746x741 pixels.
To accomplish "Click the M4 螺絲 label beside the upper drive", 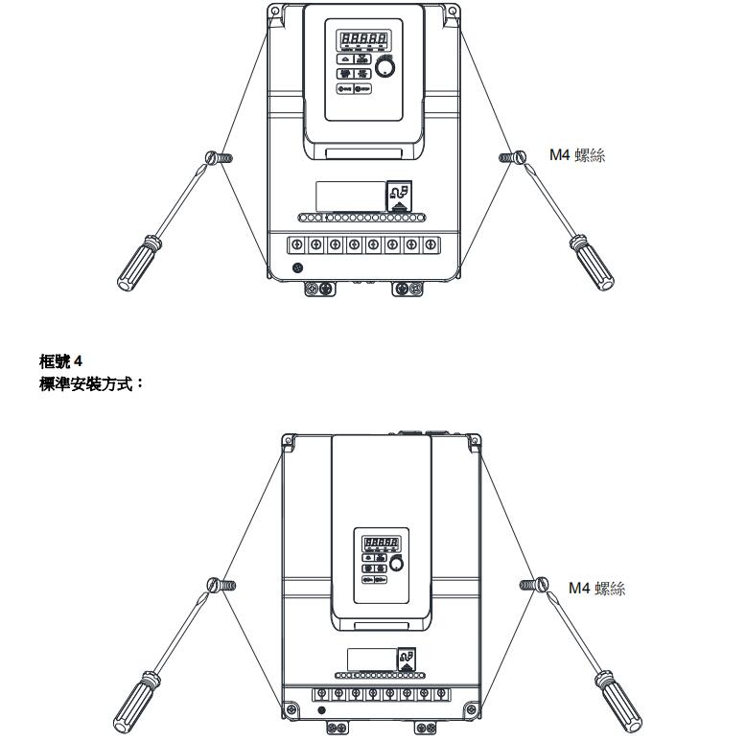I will (576, 154).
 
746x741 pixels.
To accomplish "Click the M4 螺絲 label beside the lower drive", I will (596, 588).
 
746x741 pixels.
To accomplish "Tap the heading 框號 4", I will (61, 361).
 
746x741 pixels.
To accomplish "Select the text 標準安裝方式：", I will (91, 382).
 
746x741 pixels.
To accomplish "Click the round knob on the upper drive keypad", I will (385, 66).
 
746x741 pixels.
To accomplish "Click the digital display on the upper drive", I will (362, 40).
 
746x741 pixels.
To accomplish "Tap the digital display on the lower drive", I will (380, 544).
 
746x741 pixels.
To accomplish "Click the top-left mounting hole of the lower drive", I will (287, 441).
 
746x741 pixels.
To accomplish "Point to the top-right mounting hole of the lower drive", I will (473, 441).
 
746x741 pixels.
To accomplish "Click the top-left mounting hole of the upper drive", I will (275, 12).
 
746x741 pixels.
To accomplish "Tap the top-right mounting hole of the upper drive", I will (451, 12).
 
